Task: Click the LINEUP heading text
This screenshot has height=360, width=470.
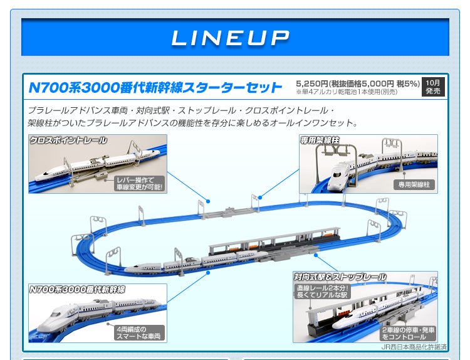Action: pos(231,38)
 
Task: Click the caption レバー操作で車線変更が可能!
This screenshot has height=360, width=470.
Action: pos(138,183)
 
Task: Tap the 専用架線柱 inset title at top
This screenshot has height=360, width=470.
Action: pos(320,140)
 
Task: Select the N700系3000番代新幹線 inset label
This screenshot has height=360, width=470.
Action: pos(78,290)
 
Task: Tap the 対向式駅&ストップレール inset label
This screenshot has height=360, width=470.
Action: pos(340,277)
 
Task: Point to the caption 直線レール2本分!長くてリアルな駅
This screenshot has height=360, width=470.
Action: pos(322,290)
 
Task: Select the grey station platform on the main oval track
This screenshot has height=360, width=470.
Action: pos(263,245)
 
